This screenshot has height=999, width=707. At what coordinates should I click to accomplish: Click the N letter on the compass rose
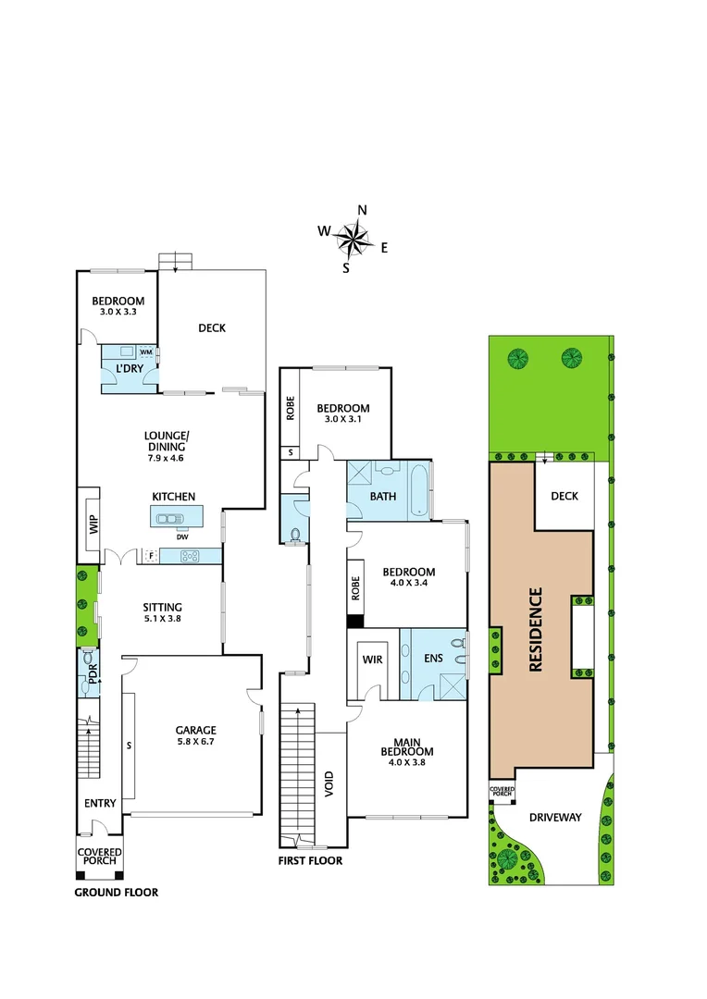coord(363,210)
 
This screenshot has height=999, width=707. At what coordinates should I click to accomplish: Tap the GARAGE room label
coord(196,729)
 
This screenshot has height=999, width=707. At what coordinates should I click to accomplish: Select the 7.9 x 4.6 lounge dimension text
coord(166,458)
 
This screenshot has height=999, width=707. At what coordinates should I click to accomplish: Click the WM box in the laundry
coord(146,352)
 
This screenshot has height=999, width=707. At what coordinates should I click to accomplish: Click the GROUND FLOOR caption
coord(116,893)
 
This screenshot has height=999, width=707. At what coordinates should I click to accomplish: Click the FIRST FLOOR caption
coord(311,860)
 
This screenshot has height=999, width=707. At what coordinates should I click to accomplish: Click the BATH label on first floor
coord(383,497)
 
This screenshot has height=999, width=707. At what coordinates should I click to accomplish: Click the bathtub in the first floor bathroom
coord(418,488)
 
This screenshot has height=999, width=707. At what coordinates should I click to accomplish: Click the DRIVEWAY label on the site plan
coord(555,817)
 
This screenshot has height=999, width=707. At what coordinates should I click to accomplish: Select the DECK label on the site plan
coord(564,496)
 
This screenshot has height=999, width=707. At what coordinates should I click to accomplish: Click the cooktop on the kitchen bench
coord(190,556)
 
